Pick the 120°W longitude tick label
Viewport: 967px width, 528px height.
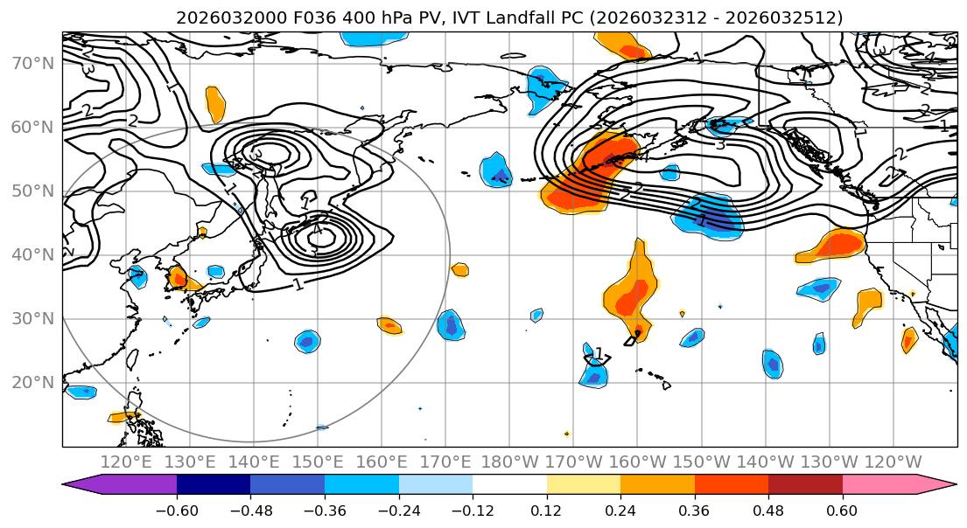(x=892, y=462)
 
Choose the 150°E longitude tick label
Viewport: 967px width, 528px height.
(x=318, y=462)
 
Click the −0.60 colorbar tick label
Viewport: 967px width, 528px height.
(x=177, y=507)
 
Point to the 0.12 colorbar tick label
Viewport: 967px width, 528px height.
(x=547, y=507)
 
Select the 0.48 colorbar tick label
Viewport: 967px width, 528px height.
(x=768, y=507)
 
